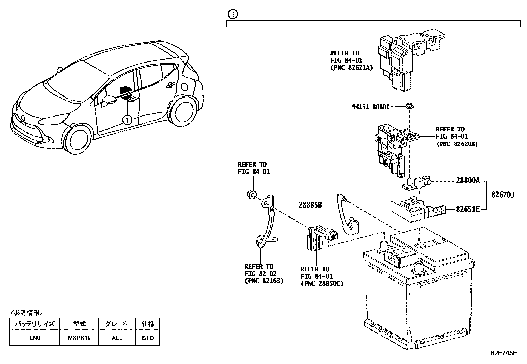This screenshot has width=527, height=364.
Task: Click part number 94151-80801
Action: [370, 107]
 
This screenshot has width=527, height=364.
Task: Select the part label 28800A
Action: [468, 181]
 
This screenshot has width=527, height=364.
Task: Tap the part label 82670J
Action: [503, 195]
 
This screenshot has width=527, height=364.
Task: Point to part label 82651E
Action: [468, 209]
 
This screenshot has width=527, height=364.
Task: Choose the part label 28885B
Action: [310, 205]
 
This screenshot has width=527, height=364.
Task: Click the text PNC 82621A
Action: [352, 68]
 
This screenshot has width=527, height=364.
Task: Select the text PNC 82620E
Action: [457, 144]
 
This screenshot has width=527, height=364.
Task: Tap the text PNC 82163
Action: [264, 281]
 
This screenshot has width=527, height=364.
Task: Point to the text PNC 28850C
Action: [321, 284]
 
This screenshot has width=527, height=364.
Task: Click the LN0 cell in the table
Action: [34, 338]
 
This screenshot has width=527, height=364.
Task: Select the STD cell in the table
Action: [148, 338]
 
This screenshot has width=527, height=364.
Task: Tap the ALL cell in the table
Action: [117, 338]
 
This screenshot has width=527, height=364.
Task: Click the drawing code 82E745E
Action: [503, 353]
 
